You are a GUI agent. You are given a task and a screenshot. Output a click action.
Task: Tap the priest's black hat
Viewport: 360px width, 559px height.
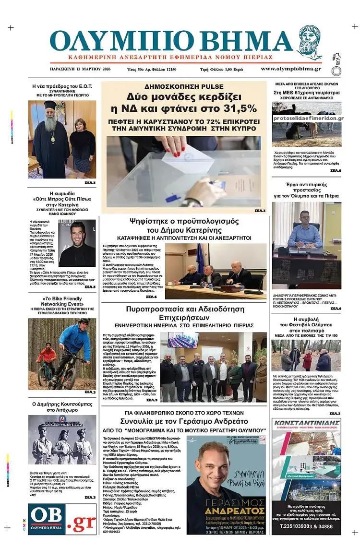(50, 105)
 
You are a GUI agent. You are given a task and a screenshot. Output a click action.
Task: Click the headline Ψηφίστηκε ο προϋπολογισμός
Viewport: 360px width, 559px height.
(184, 221)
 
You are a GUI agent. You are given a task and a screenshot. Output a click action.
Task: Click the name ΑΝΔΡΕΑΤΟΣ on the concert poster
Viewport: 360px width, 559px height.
(226, 510)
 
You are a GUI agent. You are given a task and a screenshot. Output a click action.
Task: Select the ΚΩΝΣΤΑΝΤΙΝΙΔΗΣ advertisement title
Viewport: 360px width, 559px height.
(306, 423)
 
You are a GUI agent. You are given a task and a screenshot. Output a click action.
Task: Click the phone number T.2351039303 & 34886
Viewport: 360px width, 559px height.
(306, 525)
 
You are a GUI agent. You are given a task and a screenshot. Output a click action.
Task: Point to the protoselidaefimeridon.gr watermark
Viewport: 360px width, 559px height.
(309, 119)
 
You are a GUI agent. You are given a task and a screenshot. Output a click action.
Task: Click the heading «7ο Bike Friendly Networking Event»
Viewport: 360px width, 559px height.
(61, 301)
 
